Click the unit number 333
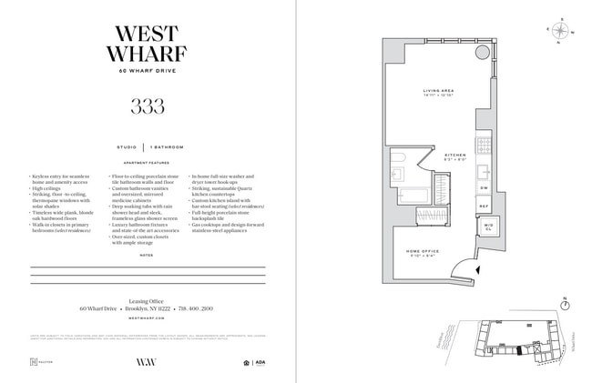pos(148,106)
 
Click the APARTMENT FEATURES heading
pos(148,163)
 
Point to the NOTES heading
pos(148,256)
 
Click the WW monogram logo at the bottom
pos(147,361)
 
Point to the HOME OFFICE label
pos(423,253)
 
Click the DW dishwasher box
pos(485,187)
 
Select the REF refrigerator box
pos(485,207)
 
